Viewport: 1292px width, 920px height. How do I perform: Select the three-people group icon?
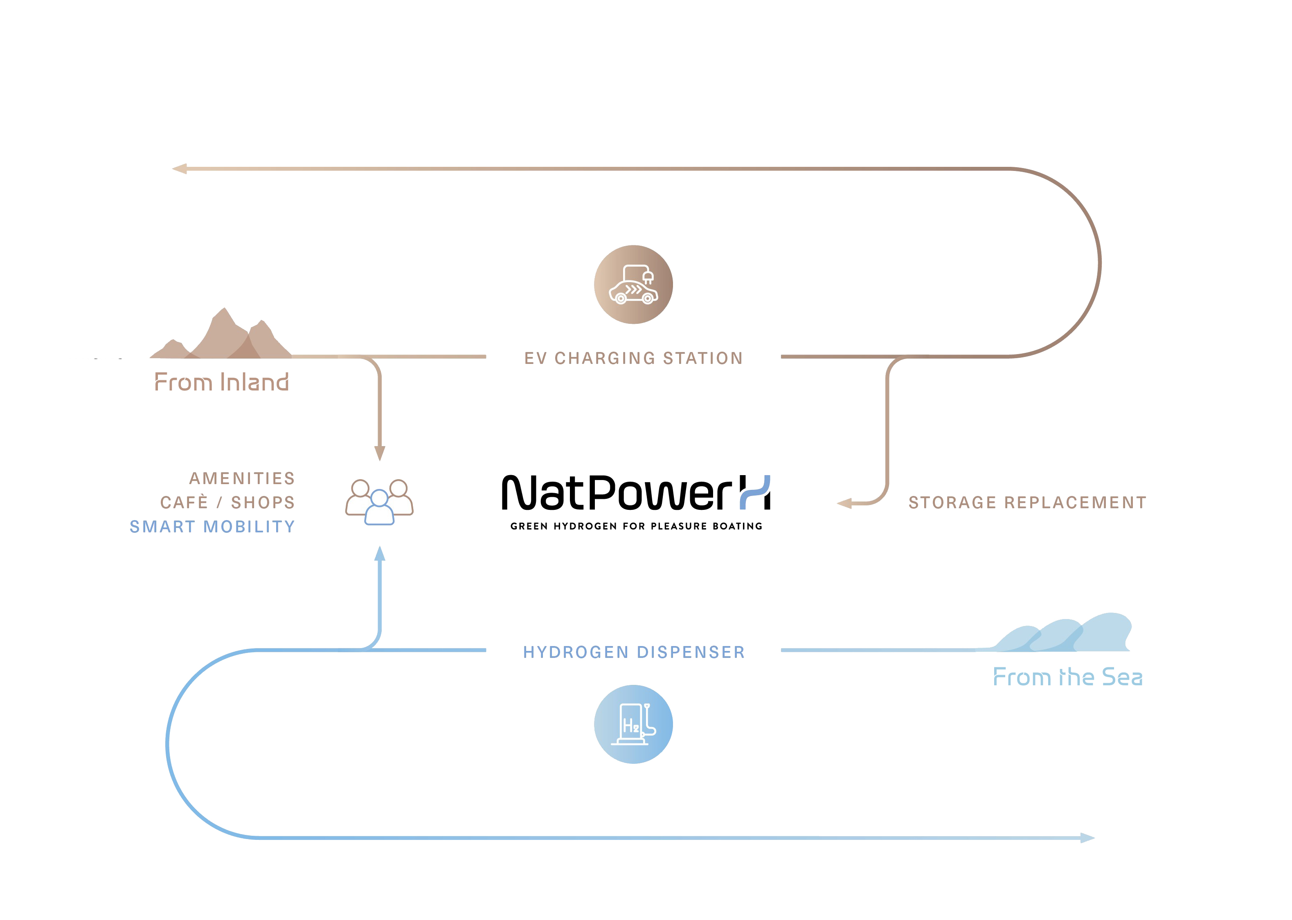point(379,502)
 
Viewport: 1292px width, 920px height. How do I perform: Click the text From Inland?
point(222,382)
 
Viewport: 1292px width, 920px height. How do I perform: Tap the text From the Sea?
point(1068,677)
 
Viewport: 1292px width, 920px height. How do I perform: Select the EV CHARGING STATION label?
point(633,358)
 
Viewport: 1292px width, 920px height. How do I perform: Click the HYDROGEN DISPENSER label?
point(634,652)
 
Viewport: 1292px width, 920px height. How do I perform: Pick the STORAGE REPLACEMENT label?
point(1027,503)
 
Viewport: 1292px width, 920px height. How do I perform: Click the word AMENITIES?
point(242,479)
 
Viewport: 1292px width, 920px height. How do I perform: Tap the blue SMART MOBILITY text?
point(212,527)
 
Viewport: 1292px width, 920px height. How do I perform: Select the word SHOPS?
point(263,503)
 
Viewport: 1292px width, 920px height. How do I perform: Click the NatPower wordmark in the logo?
point(617,492)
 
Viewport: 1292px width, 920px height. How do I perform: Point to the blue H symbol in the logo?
point(755,492)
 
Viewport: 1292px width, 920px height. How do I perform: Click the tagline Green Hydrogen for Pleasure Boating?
point(636,526)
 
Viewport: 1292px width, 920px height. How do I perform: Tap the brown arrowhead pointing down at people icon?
point(380,453)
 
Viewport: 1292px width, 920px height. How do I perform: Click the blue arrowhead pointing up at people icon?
point(380,554)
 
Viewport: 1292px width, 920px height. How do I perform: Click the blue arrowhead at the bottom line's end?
point(1087,838)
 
